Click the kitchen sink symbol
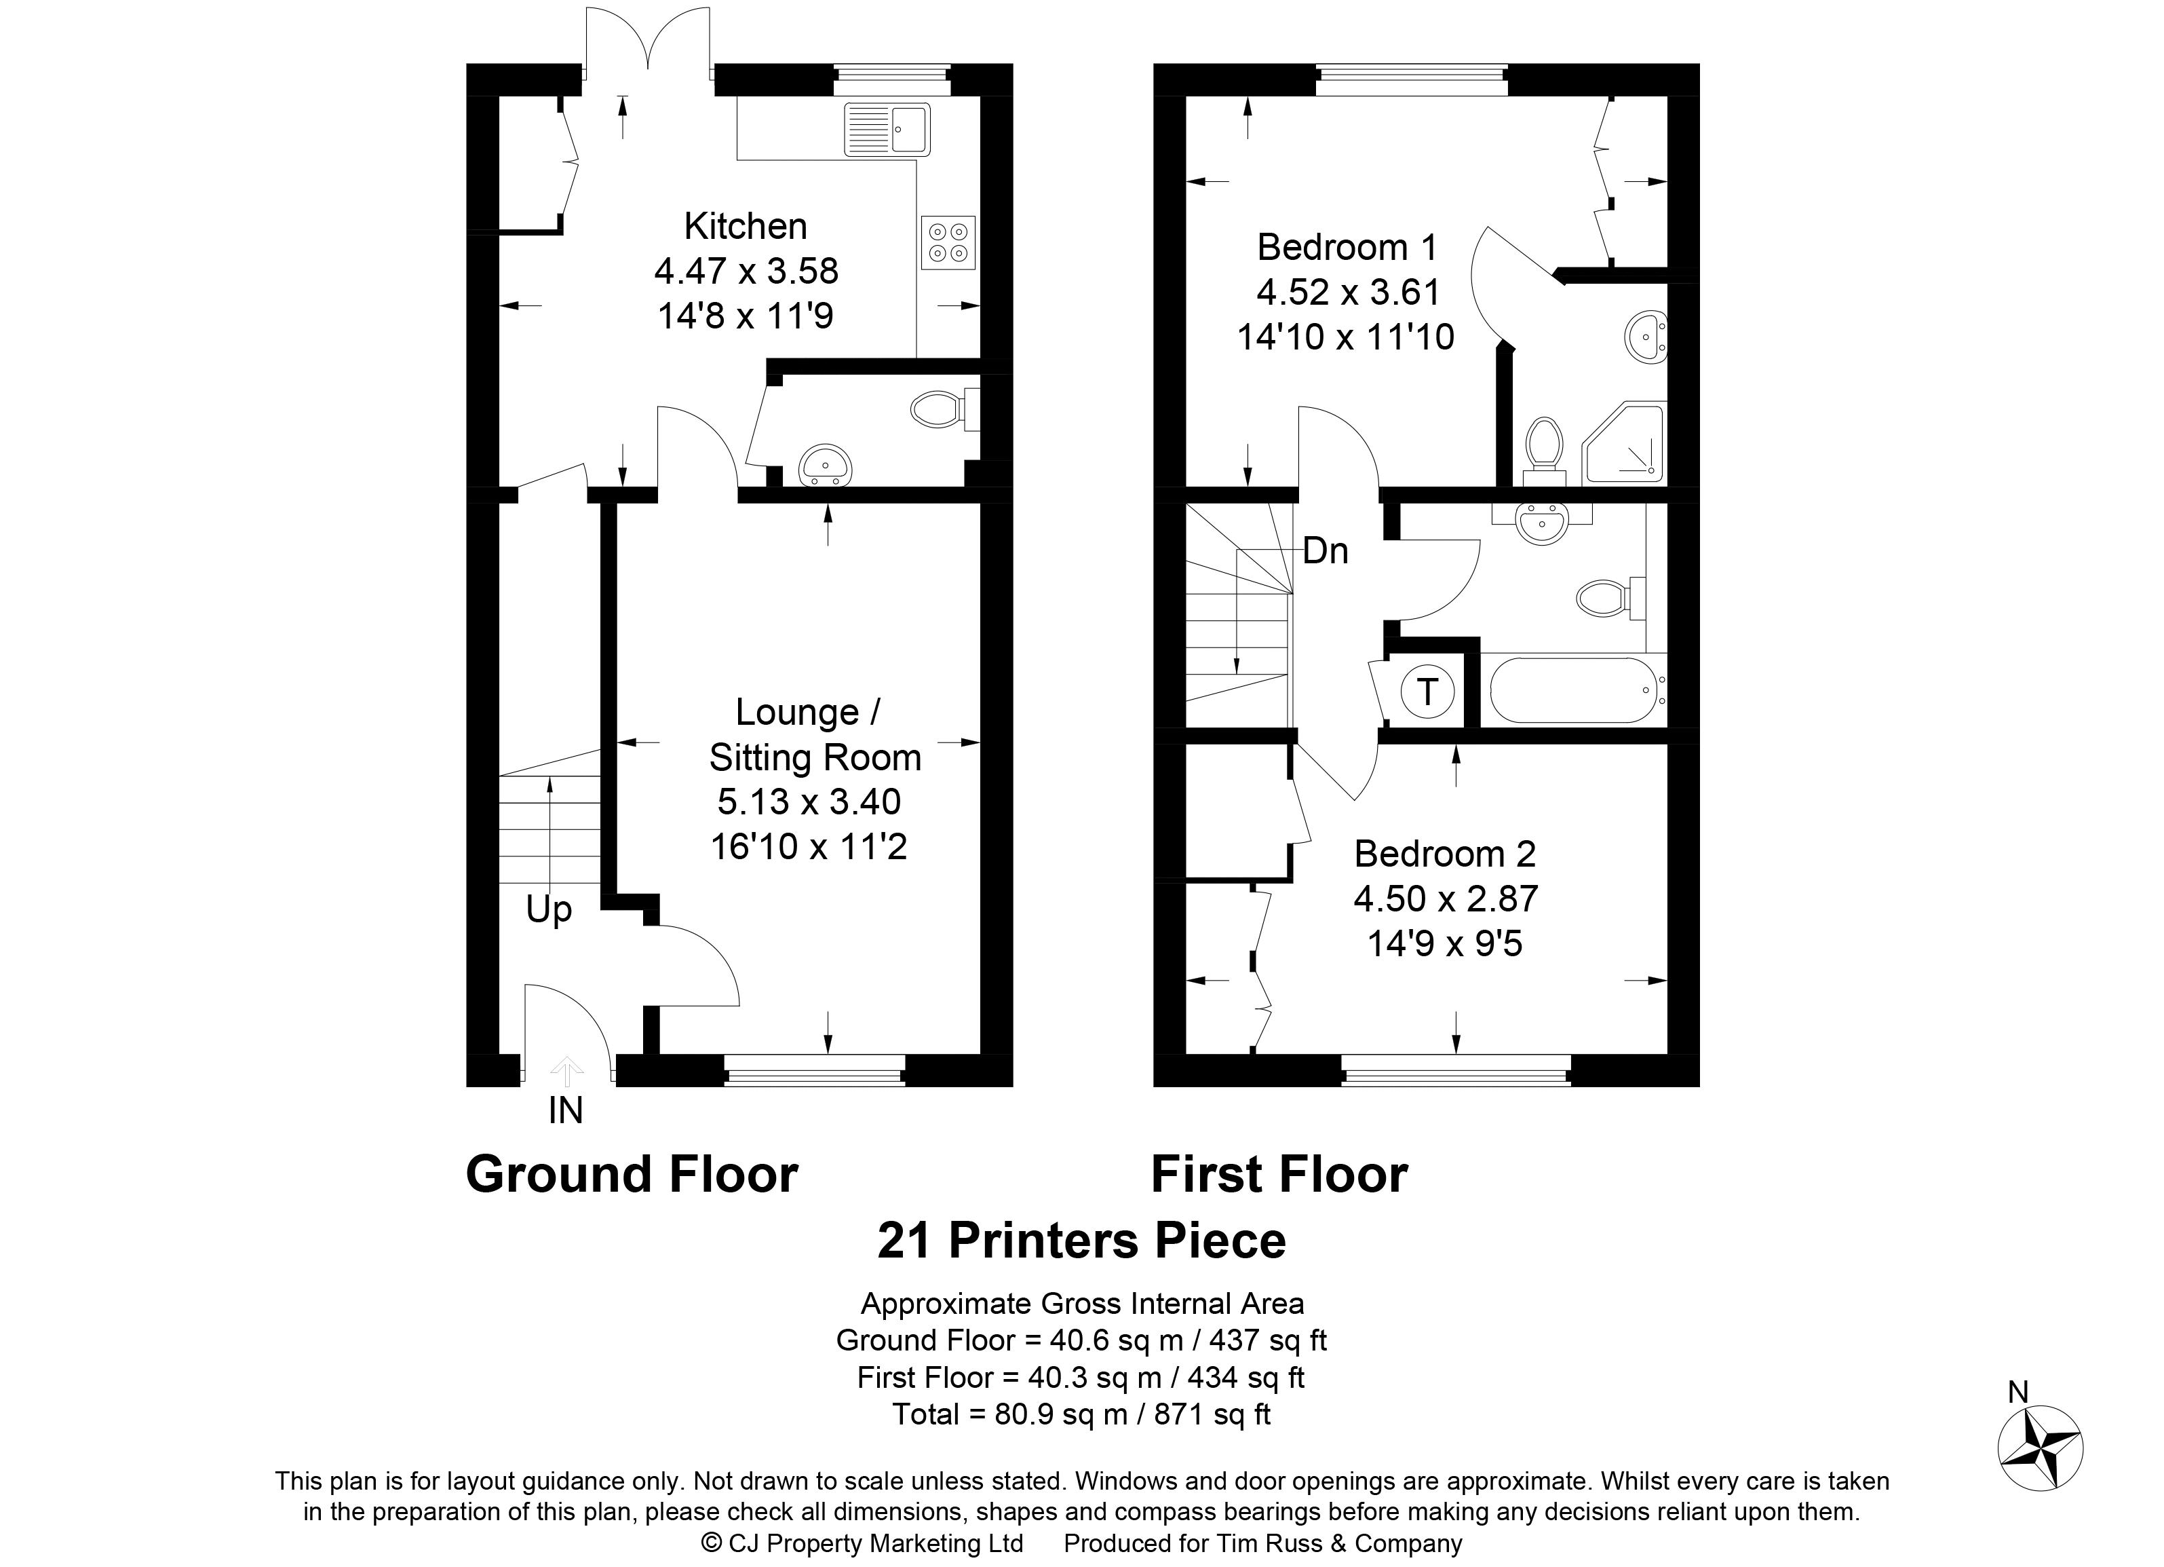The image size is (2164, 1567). (887, 130)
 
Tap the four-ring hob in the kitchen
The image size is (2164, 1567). (948, 242)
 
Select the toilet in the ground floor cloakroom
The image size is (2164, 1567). (940, 411)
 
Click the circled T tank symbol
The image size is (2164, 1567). (1427, 691)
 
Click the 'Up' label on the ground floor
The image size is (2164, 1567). (549, 909)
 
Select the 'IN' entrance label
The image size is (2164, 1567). (565, 1111)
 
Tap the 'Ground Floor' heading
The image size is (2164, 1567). (632, 1175)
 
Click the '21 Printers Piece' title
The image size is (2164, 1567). (1081, 1241)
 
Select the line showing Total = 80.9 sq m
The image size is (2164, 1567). (1081, 1414)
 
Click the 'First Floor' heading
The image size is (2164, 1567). (1279, 1175)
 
